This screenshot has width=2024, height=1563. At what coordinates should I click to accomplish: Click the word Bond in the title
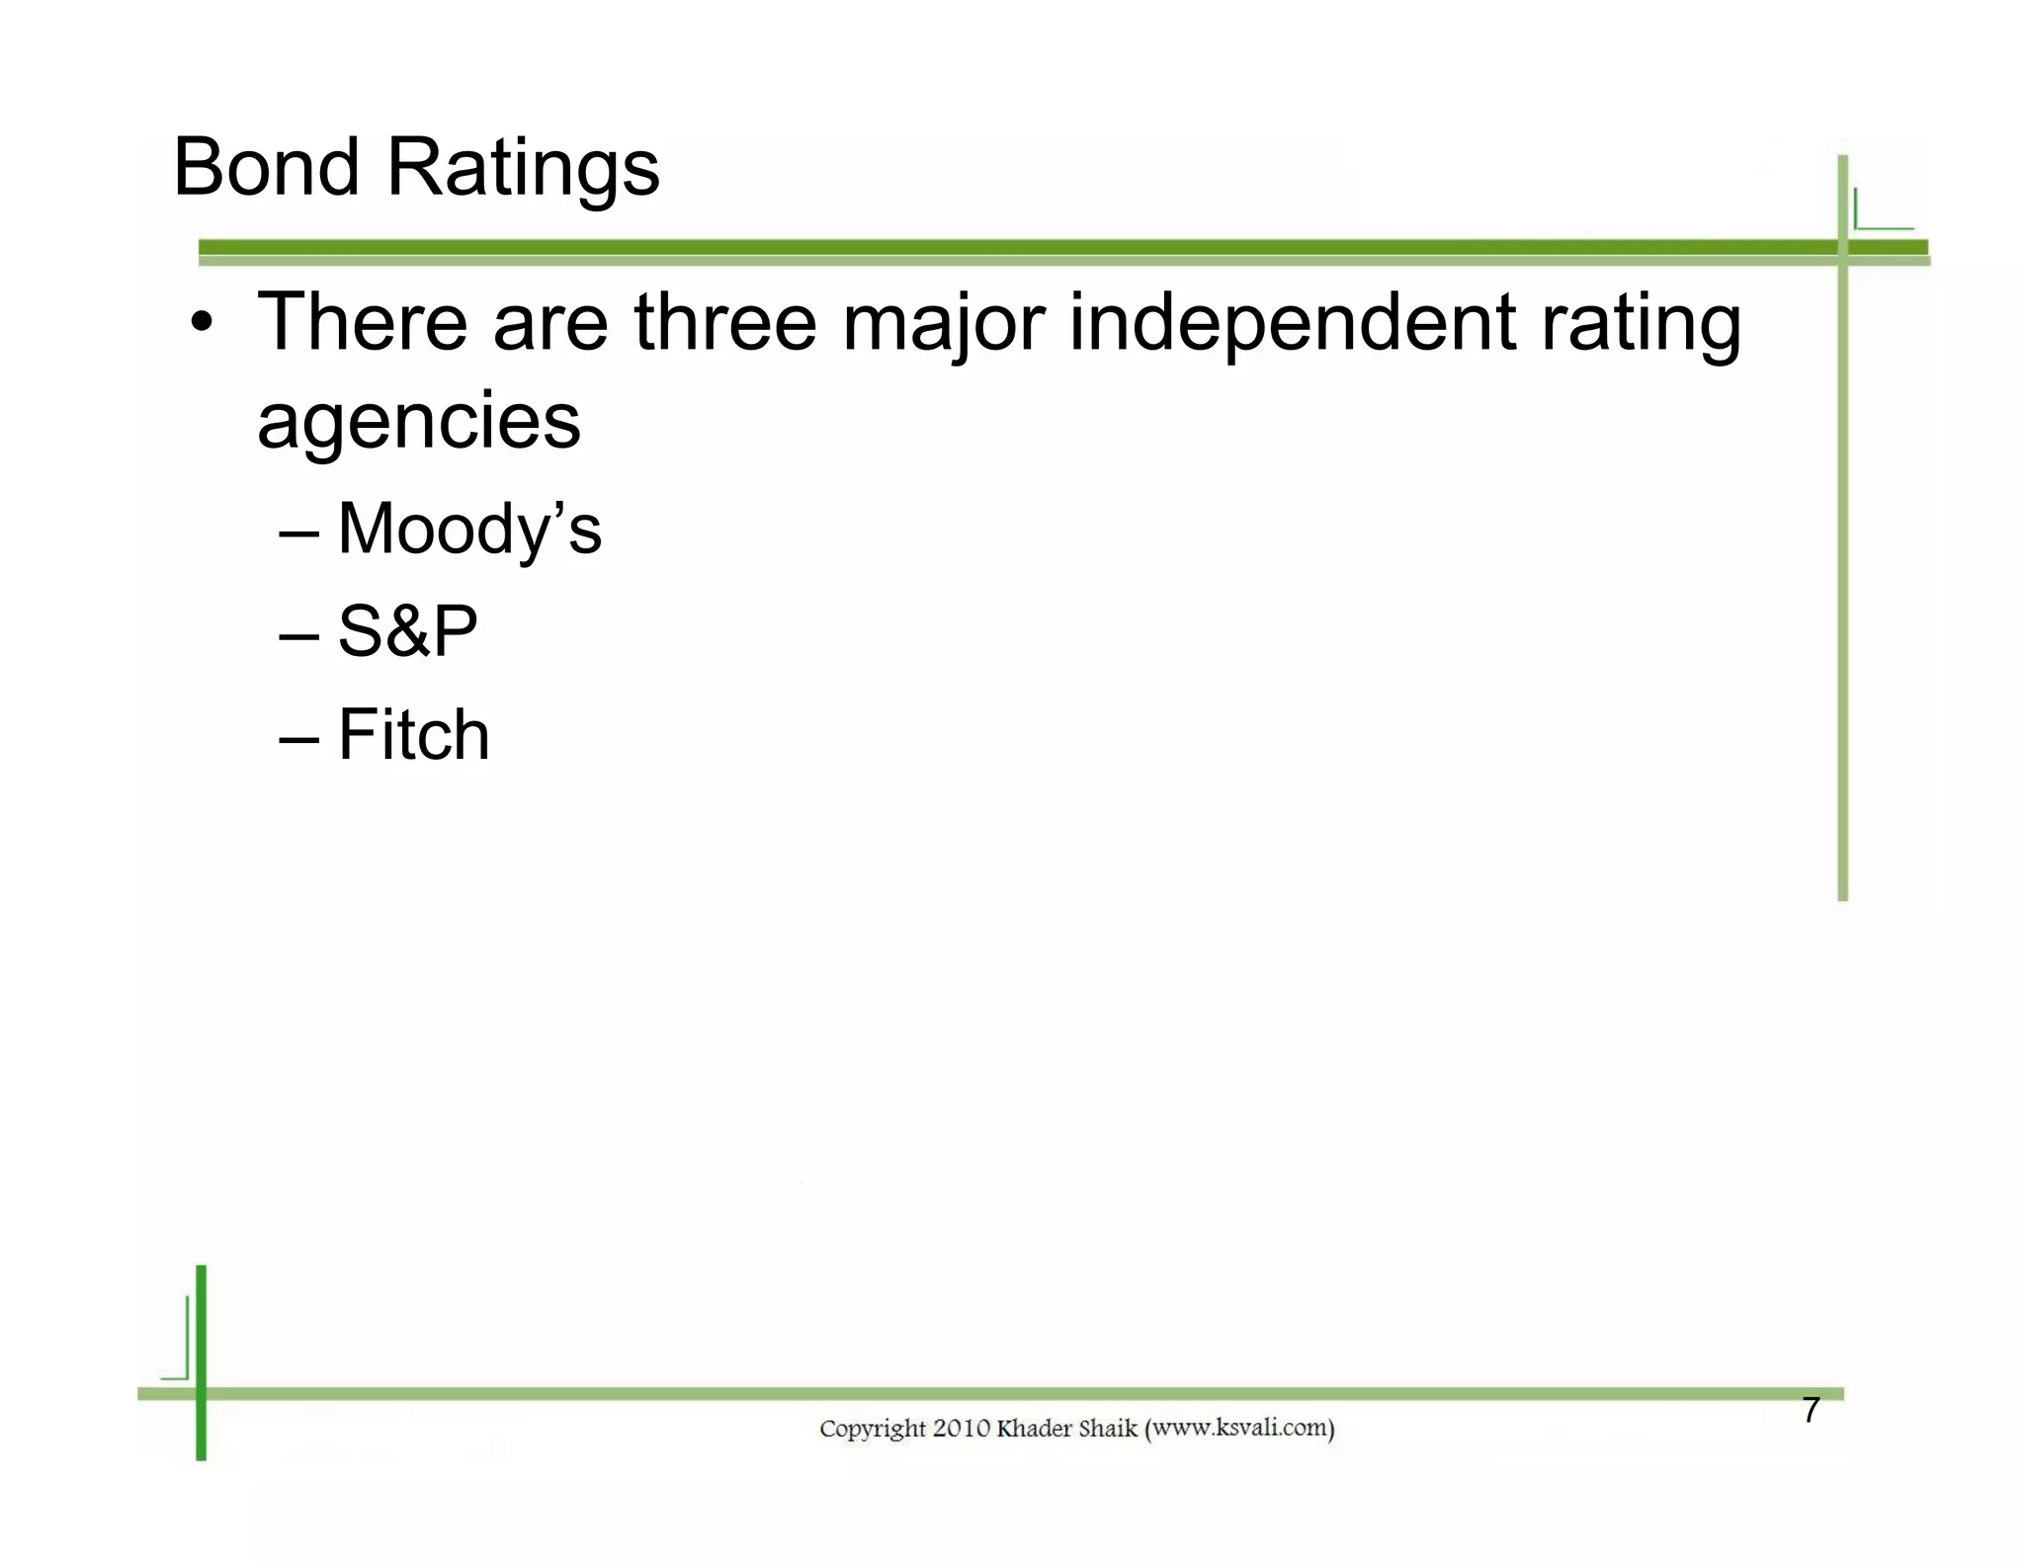(266, 167)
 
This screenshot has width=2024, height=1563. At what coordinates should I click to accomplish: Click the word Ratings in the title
(523, 170)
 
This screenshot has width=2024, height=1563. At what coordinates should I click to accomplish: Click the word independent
(1292, 324)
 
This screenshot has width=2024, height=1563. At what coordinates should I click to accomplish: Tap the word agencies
(419, 423)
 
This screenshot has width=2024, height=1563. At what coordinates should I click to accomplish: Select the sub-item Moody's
(469, 530)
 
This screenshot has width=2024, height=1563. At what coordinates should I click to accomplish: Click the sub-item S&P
(407, 632)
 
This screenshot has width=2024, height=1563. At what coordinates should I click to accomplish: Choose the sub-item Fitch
(413, 735)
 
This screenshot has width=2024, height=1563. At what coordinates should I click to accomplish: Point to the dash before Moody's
(298, 534)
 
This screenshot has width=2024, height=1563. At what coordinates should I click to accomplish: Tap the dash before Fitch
(298, 739)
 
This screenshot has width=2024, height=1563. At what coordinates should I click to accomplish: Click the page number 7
(1811, 1410)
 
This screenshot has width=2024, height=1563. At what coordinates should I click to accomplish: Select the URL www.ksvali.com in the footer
(1239, 1428)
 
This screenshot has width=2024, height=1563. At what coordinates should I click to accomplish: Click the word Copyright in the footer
(873, 1429)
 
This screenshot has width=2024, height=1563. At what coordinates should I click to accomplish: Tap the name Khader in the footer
(1033, 1428)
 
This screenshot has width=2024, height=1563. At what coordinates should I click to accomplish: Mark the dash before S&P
(298, 636)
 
